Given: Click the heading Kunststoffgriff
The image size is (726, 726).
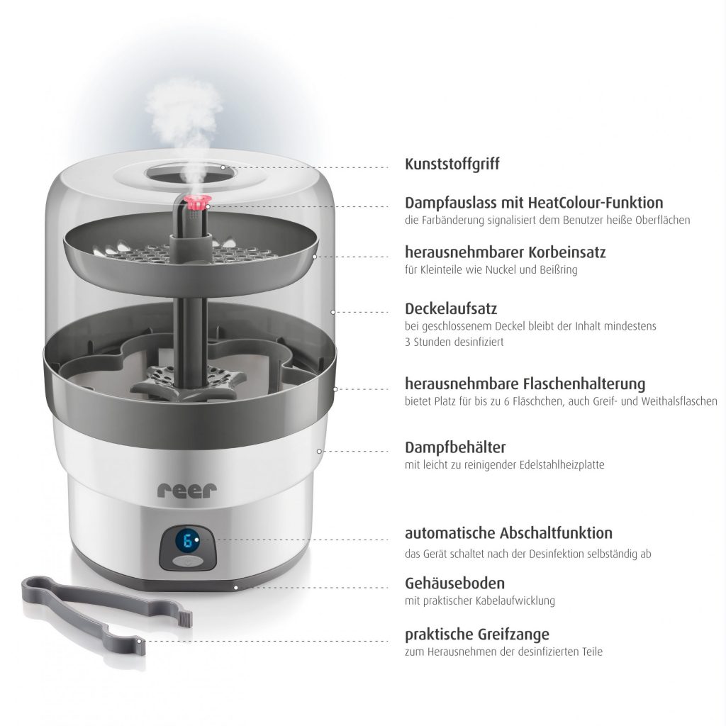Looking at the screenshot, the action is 452,164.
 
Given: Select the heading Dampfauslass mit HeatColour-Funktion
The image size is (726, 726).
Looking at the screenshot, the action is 534,202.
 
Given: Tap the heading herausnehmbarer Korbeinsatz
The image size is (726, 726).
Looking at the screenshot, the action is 505,252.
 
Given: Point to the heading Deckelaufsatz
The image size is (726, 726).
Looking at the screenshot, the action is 451,308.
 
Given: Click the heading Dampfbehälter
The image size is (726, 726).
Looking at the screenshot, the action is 455,447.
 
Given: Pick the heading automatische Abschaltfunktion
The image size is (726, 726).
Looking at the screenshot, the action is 508,533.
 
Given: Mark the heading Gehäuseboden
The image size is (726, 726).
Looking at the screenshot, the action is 454,583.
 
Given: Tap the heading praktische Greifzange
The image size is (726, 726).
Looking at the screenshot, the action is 477,634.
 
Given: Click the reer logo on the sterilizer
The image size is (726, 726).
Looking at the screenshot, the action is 187,491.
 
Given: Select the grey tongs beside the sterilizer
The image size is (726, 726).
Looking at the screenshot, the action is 106,609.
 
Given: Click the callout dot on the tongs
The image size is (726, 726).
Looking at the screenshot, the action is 139,641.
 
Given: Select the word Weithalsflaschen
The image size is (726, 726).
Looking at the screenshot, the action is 678,401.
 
